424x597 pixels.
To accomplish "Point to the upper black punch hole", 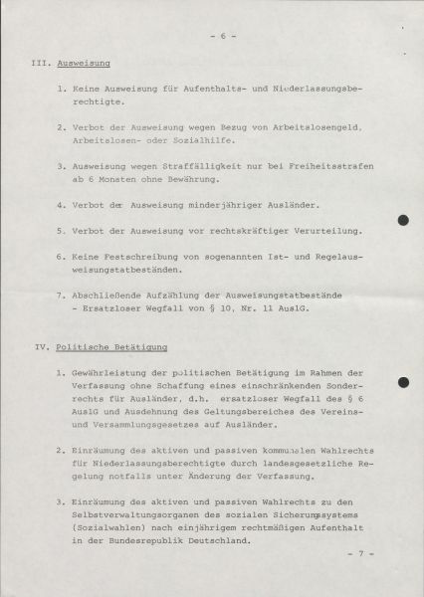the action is pos(403,221).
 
